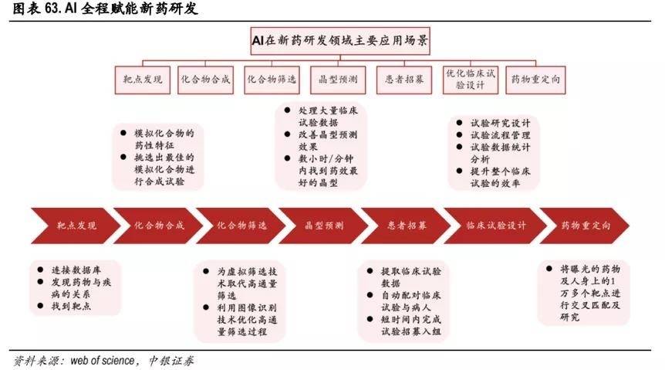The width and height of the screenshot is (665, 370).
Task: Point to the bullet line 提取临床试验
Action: (411, 272)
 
